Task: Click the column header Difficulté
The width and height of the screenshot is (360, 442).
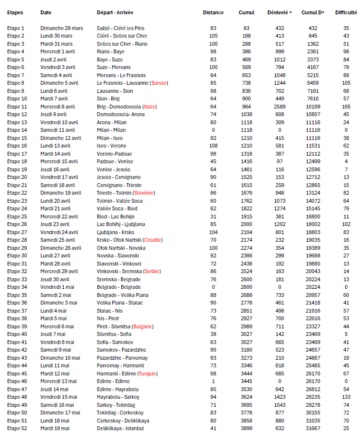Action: [x=346, y=12]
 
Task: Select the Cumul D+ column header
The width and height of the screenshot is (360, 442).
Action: [x=313, y=12]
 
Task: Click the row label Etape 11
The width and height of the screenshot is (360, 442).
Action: [x=17, y=107]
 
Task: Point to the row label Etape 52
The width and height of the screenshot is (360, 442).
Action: [x=17, y=428]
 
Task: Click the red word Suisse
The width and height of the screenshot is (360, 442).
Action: [x=159, y=83]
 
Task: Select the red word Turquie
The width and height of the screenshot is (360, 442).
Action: [x=150, y=373]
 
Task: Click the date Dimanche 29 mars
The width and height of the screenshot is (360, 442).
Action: [x=62, y=29]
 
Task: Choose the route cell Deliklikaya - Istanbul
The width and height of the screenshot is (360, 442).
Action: [x=120, y=428]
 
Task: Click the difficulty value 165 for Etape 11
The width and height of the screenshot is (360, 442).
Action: [x=346, y=107]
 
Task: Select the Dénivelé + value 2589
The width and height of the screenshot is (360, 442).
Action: [x=280, y=107]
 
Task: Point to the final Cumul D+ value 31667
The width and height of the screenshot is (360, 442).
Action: [x=313, y=428]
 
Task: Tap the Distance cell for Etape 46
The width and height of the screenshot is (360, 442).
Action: [x=213, y=381]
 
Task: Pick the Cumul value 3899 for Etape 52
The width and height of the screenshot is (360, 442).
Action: [x=246, y=428]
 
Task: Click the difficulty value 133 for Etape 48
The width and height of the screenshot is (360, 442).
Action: [x=346, y=397]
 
